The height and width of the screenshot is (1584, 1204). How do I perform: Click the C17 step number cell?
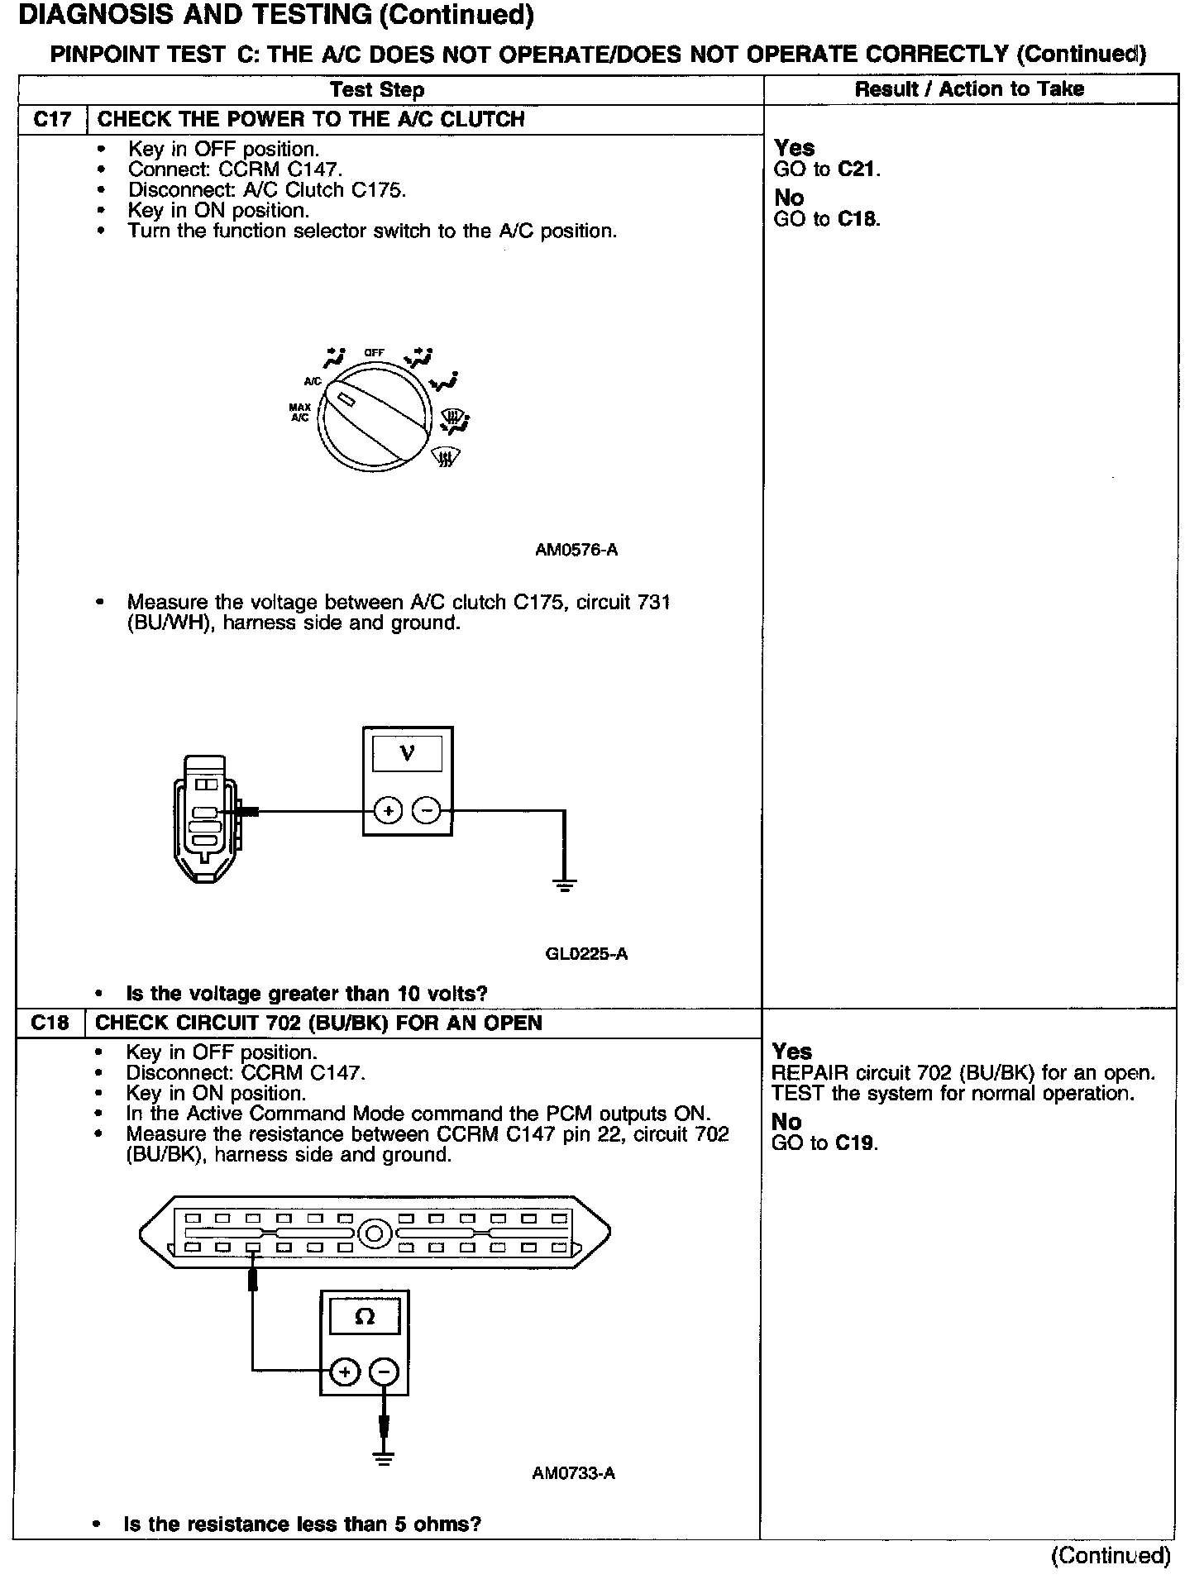[x=52, y=120]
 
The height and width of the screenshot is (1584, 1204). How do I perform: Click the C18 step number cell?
[x=50, y=1023]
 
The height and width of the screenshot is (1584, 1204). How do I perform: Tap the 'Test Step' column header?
[x=377, y=90]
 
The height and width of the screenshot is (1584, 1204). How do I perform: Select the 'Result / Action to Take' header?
[x=969, y=89]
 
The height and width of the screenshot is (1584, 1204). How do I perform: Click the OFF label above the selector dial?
[x=374, y=353]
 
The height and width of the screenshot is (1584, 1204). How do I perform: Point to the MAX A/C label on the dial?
[x=299, y=413]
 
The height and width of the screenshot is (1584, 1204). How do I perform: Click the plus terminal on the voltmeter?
[x=388, y=811]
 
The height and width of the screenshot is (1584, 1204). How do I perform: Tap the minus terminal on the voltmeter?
[x=427, y=811]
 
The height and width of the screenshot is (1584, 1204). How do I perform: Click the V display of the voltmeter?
[x=407, y=753]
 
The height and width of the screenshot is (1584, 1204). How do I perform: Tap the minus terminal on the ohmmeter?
[x=384, y=1372]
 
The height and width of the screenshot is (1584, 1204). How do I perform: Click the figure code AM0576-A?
[x=576, y=550]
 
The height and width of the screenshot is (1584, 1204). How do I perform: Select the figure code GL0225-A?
[x=586, y=954]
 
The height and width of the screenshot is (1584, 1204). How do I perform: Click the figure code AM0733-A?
[x=574, y=1473]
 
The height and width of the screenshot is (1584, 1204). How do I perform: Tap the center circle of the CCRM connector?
[x=374, y=1235]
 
